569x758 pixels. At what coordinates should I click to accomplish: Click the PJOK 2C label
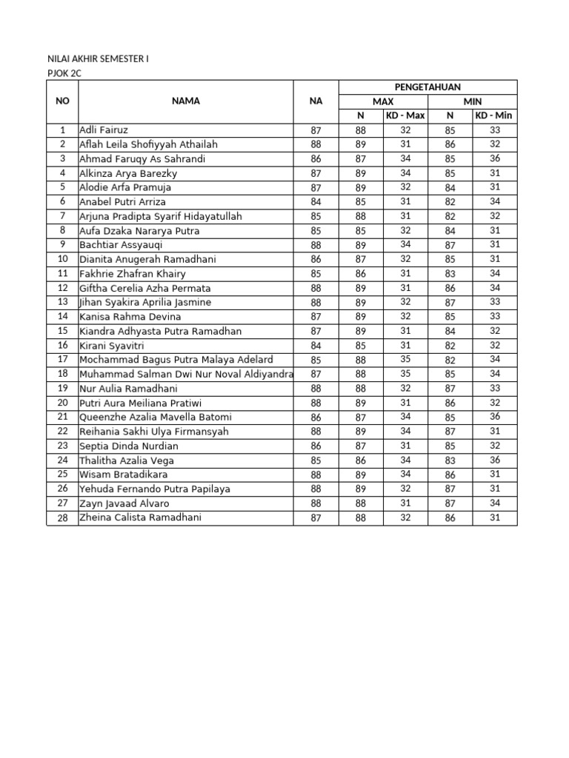tap(63, 73)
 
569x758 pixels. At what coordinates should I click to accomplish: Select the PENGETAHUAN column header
tap(427, 87)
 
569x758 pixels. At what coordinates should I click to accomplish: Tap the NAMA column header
tap(185, 101)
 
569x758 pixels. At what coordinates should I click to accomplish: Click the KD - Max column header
tap(405, 115)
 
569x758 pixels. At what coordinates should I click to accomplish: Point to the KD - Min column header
tap(494, 115)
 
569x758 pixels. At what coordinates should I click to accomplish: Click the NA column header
tap(316, 101)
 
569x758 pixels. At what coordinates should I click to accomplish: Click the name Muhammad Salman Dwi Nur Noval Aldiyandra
tap(186, 374)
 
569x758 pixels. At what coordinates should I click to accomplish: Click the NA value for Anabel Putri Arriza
tap(316, 202)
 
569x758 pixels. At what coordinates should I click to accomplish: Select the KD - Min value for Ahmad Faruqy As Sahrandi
tap(495, 158)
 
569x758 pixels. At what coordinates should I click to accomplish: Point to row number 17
tap(62, 360)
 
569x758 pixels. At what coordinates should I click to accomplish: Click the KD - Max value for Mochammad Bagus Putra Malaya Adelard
tap(405, 360)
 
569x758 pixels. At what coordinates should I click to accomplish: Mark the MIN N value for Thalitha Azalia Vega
tap(450, 460)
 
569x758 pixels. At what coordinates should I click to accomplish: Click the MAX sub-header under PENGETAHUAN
tap(383, 101)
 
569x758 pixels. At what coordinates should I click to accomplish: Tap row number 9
tap(62, 245)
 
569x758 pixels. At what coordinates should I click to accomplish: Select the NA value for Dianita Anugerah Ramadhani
tap(316, 259)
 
